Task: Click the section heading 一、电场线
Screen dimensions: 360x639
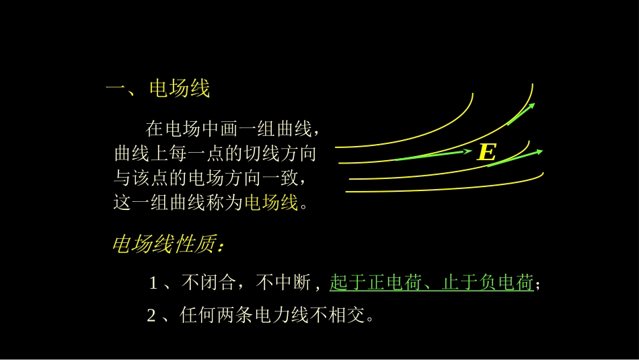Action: click(x=159, y=89)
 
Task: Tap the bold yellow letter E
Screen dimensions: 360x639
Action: click(x=486, y=153)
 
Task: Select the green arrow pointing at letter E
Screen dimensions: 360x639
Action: click(x=433, y=155)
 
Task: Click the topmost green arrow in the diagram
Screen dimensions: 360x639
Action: click(x=521, y=115)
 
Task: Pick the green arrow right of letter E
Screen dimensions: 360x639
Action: click(x=515, y=158)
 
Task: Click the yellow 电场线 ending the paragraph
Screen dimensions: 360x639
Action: click(x=270, y=203)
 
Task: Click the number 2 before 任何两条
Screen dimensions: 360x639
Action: click(x=151, y=316)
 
